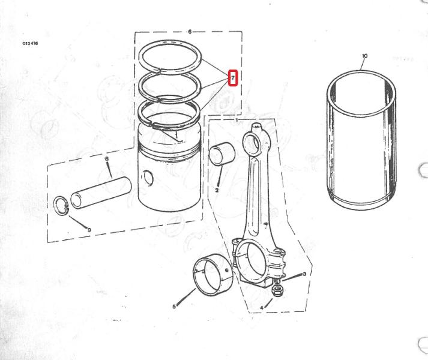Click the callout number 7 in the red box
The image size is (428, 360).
(x=233, y=78)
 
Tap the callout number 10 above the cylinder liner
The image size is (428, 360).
(x=364, y=56)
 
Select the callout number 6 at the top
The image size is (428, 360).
(x=190, y=32)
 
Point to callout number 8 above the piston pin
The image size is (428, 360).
(x=106, y=158)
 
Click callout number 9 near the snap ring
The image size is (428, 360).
(x=89, y=230)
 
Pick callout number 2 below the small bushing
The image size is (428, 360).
(x=217, y=190)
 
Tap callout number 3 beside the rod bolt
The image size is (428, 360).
(x=304, y=274)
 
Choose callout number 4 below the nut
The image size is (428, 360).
(x=262, y=308)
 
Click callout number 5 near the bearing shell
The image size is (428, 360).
(x=174, y=307)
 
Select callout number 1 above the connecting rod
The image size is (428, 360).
(x=237, y=120)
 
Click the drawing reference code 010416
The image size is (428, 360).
(x=30, y=43)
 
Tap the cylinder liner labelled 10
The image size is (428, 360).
(x=361, y=140)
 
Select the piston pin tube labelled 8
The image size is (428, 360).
(x=101, y=193)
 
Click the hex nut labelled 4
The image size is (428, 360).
(x=277, y=290)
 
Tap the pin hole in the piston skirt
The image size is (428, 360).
(x=148, y=178)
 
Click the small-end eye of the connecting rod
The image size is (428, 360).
(x=253, y=142)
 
